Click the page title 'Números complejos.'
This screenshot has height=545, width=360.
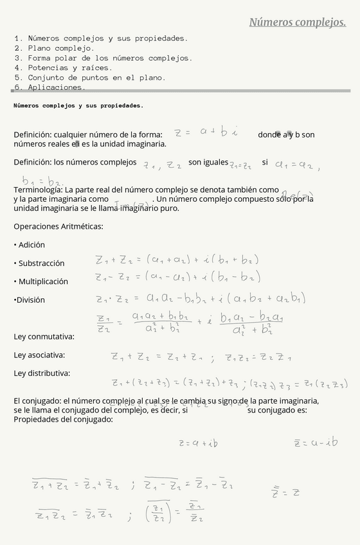pyautogui.click(x=297, y=23)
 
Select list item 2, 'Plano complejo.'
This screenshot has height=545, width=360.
pyautogui.click(x=61, y=48)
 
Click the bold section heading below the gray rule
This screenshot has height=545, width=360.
pyautogui.click(x=78, y=105)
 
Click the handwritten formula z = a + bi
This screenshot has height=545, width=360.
pyautogui.click(x=206, y=132)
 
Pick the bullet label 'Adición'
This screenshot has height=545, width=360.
pyautogui.click(x=32, y=245)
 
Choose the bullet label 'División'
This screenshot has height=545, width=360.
pyautogui.click(x=31, y=299)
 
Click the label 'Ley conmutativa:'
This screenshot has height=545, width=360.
pyautogui.click(x=44, y=336)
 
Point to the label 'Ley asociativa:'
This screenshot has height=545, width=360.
pyautogui.click(x=39, y=355)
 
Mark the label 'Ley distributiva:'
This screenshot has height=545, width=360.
pyautogui.click(x=42, y=373)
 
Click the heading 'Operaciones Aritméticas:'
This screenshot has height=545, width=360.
pyautogui.click(x=59, y=226)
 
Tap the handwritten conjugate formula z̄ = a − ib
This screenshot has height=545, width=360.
pyautogui.click(x=315, y=443)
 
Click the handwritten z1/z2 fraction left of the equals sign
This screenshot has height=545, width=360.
pyautogui.click(x=103, y=323)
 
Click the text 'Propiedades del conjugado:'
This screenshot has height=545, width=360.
pyautogui.click(x=63, y=419)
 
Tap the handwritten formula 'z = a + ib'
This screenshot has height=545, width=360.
pyautogui.click(x=198, y=443)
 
